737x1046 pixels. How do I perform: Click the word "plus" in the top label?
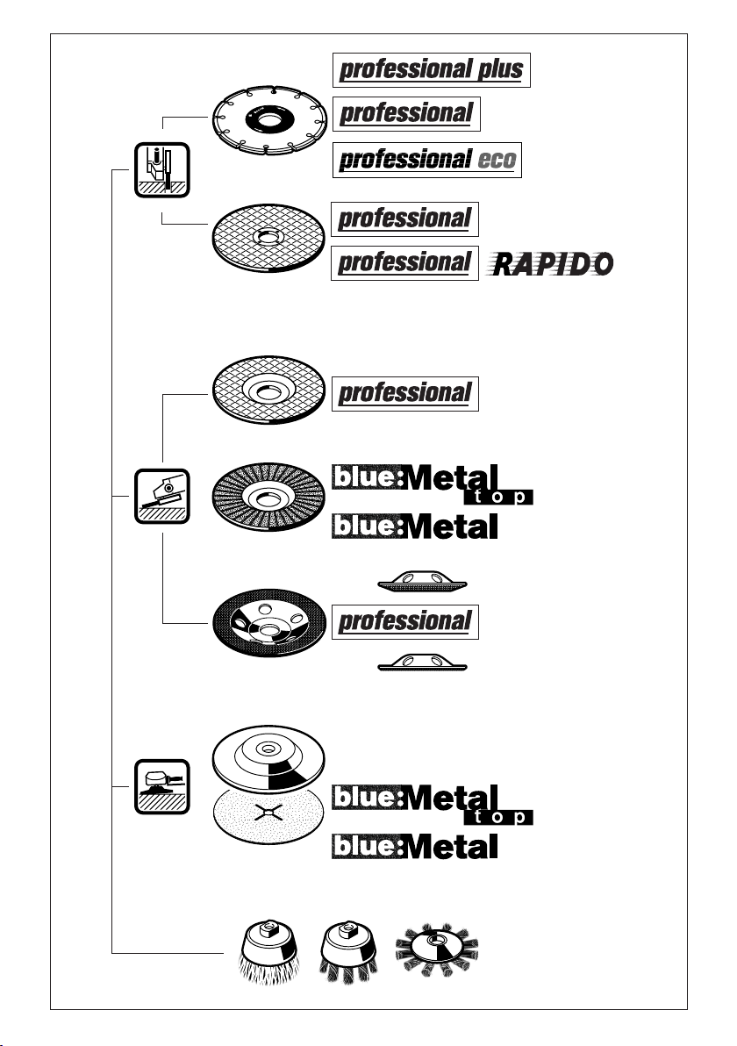(499, 69)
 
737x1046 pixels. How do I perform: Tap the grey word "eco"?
(497, 160)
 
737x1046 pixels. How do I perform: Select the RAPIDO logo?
(552, 264)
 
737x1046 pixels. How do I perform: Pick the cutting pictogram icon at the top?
(162, 169)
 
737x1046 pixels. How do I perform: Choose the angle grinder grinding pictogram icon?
(162, 496)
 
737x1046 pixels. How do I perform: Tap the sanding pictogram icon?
(162, 786)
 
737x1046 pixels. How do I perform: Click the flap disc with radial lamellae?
(268, 497)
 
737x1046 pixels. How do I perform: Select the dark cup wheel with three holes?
(268, 623)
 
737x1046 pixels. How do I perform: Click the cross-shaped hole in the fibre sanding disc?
(268, 813)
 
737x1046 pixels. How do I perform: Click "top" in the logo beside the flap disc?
(498, 497)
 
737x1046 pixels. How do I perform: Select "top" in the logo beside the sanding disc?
(498, 817)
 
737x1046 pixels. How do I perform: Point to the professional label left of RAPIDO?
(404, 263)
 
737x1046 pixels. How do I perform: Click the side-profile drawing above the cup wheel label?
(422, 582)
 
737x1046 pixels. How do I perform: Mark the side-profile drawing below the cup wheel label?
(422, 663)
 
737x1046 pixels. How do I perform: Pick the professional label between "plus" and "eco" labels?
(406, 114)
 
